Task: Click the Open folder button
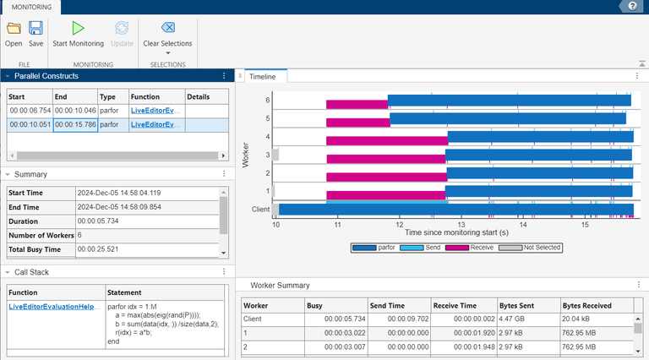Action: pos(14,33)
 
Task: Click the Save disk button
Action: pos(36,33)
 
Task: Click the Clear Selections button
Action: pos(167,33)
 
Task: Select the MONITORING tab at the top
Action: pos(30,7)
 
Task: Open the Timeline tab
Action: pos(266,76)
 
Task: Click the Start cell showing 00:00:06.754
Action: pos(30,111)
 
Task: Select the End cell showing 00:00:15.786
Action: pos(75,125)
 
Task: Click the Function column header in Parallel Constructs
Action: pos(145,97)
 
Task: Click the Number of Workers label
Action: pos(41,235)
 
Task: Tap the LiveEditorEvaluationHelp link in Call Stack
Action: pos(55,307)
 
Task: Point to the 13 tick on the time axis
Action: pos(461,225)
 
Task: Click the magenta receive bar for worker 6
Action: pos(357,102)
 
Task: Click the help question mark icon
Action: pos(631,6)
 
